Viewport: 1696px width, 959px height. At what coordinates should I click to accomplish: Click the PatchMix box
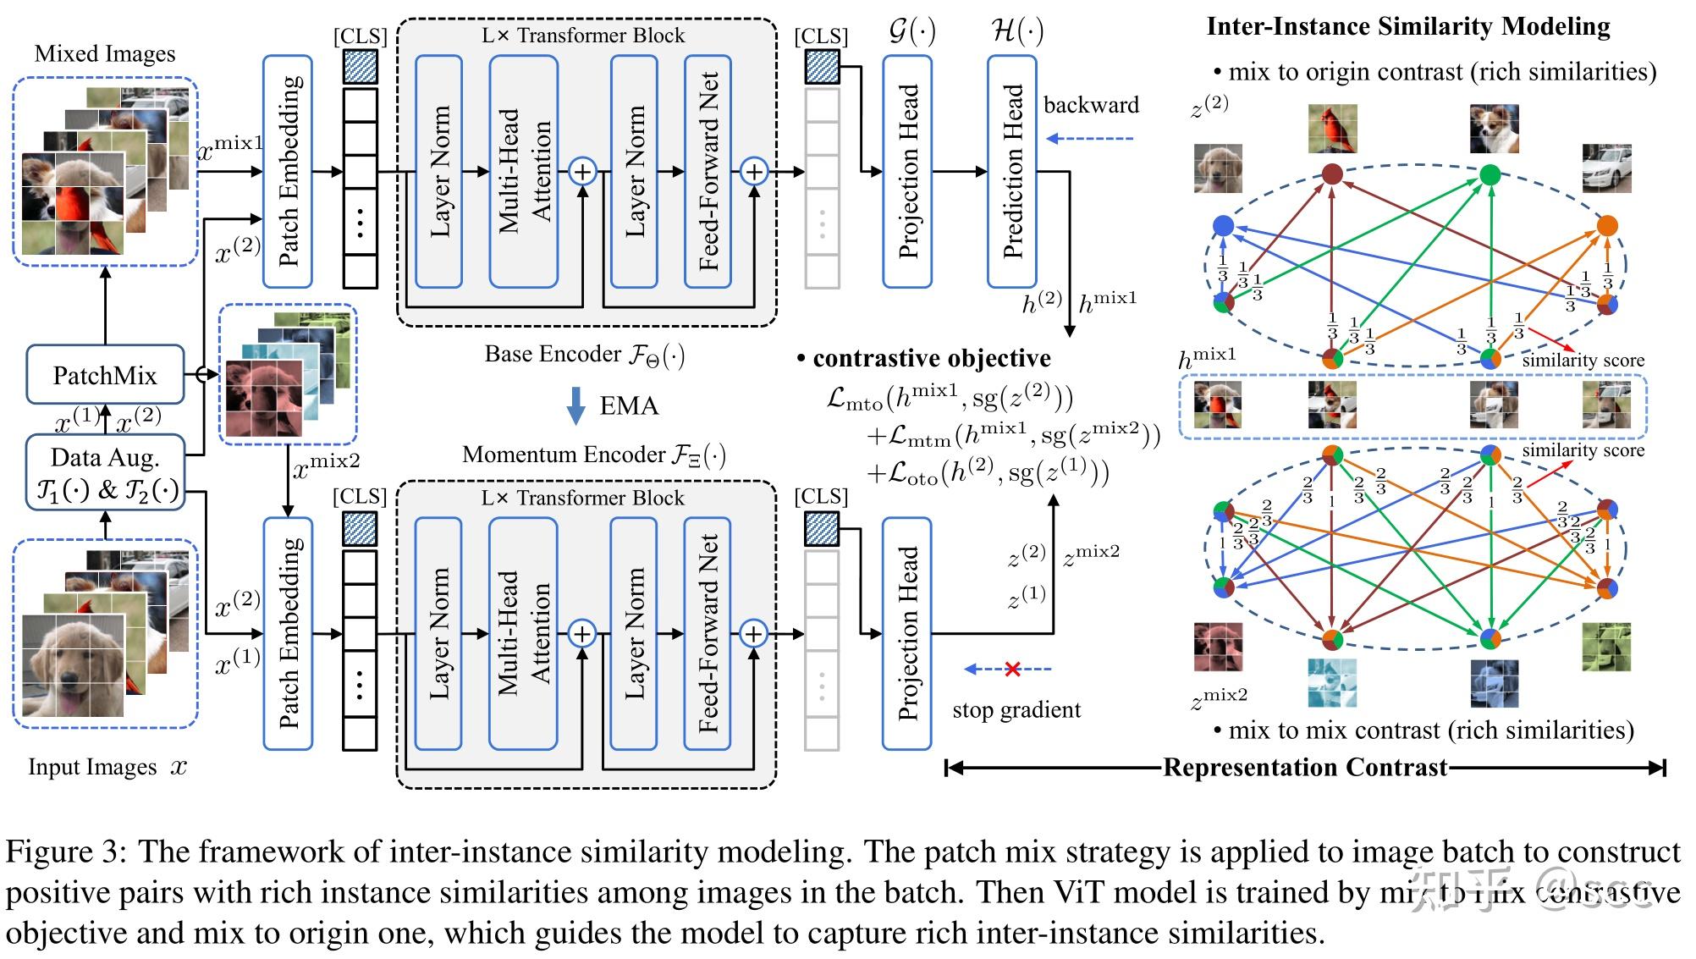[105, 375]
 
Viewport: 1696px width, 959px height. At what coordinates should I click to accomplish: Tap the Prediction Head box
[1012, 172]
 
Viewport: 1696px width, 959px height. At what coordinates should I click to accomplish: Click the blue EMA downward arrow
[575, 405]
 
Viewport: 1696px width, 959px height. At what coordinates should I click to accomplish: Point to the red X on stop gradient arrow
[1012, 670]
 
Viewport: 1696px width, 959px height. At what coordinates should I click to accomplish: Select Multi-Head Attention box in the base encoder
[523, 172]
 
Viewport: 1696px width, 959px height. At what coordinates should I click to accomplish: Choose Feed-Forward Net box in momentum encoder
[708, 633]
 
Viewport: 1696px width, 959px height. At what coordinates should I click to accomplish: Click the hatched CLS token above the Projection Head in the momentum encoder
[822, 529]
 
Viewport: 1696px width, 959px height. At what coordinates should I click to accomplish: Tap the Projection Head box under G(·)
[907, 172]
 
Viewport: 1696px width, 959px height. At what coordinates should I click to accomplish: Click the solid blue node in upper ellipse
[1223, 226]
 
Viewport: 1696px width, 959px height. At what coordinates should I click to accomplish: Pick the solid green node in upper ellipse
[1490, 175]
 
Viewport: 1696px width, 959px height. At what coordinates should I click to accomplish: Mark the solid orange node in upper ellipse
[1606, 226]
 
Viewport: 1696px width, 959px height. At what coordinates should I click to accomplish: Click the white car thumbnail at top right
[1606, 168]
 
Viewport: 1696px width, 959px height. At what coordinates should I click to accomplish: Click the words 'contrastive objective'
[931, 359]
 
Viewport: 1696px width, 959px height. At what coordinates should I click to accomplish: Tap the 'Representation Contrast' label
[1305, 768]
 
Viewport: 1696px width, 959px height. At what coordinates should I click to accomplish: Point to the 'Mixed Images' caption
[105, 54]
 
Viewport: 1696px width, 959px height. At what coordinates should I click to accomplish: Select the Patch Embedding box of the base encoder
[288, 172]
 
